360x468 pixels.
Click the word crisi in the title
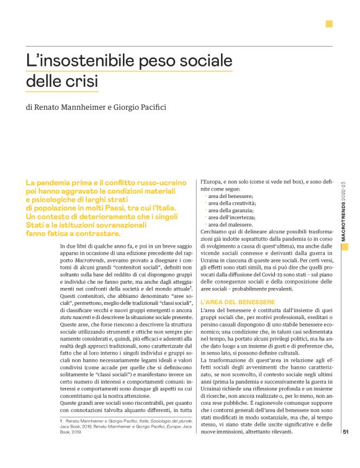[84, 81]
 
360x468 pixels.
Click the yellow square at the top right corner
[329, 24]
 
